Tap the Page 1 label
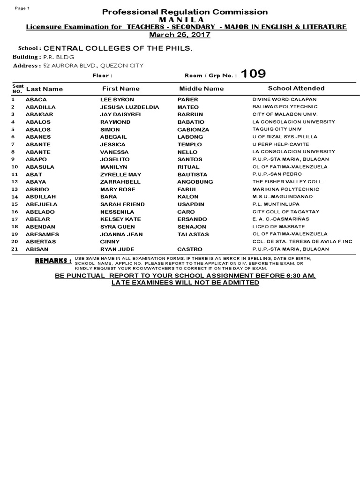click(x=22, y=8)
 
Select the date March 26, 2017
click(x=180, y=35)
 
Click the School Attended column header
click(x=296, y=88)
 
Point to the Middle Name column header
click(x=202, y=88)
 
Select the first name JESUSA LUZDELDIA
click(x=130, y=107)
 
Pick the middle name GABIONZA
click(x=193, y=129)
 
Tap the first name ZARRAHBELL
click(x=120, y=181)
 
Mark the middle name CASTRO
click(x=190, y=249)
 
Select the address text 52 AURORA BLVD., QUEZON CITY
click(x=93, y=65)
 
